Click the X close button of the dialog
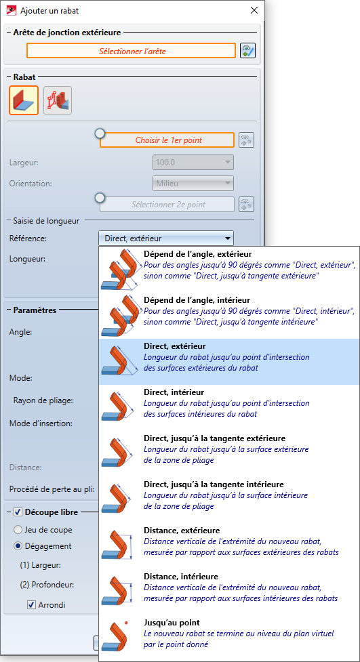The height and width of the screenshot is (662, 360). point(254,11)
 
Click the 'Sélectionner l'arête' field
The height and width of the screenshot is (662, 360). point(131,51)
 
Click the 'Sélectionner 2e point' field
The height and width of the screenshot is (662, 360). point(167,205)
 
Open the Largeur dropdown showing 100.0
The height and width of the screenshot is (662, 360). point(193,162)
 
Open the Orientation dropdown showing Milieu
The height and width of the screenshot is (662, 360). point(193,183)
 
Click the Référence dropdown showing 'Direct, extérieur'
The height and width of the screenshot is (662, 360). point(166,239)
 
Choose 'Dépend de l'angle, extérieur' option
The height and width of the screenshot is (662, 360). point(229,270)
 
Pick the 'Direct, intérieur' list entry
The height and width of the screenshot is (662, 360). point(229,407)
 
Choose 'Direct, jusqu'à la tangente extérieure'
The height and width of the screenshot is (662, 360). point(229,453)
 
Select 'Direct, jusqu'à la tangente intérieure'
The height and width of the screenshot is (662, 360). point(229,499)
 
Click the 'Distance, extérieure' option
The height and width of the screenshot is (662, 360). point(229,545)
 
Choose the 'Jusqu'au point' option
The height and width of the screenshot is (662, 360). point(229,638)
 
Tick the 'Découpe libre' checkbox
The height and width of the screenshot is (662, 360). point(18,512)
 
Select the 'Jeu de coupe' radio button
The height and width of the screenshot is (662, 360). point(18,529)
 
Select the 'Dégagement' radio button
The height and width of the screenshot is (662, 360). point(18,546)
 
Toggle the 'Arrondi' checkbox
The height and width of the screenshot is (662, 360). point(31,605)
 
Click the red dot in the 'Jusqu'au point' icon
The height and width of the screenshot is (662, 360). point(126,623)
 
